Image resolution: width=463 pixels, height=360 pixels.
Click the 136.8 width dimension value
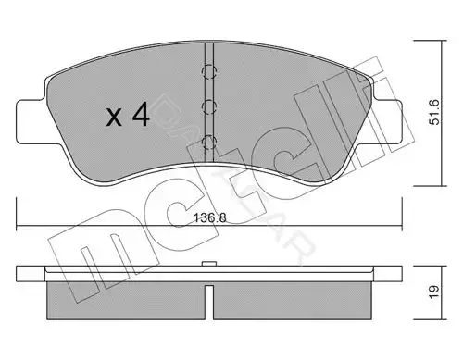point(209,218)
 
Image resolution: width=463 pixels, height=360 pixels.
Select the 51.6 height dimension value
point(434,112)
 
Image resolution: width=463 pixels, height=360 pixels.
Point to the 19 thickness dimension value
point(433,292)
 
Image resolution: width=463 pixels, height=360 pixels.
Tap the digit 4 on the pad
point(141,115)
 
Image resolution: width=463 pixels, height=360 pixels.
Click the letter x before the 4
point(114,118)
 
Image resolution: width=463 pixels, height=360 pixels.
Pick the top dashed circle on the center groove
point(209,72)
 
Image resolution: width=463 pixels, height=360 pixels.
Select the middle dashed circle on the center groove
point(209,106)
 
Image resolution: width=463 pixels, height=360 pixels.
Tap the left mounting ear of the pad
point(31,121)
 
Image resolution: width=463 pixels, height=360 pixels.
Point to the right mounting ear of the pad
point(388,121)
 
